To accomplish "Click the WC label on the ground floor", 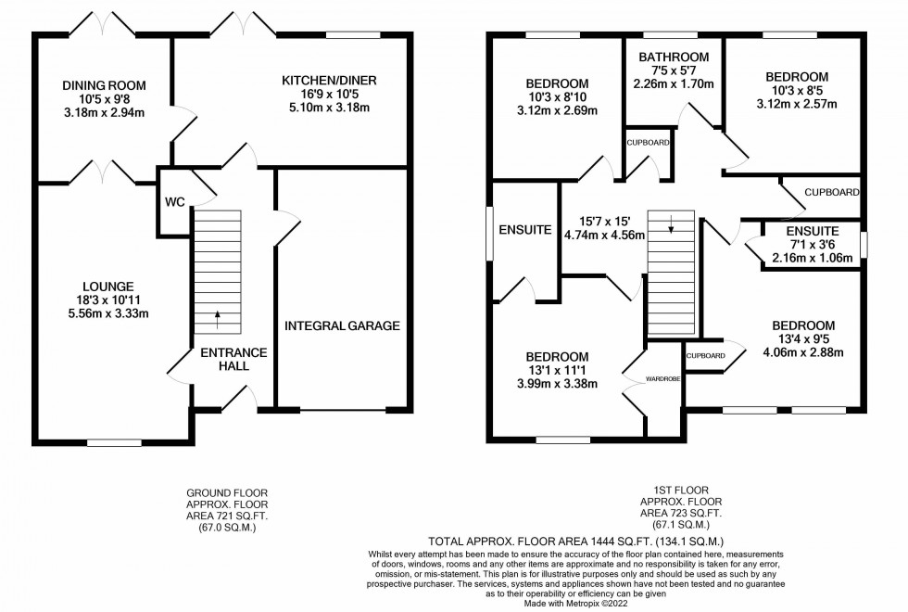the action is pyautogui.click(x=175, y=202).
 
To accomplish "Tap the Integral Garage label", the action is pyautogui.click(x=342, y=325).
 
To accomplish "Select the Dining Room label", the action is pyautogui.click(x=104, y=85).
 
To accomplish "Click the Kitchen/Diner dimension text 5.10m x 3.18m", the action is pyautogui.click(x=329, y=108).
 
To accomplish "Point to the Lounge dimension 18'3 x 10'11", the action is pyautogui.click(x=107, y=300).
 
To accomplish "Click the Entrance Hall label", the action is pyautogui.click(x=233, y=360).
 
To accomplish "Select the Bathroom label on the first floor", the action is pyautogui.click(x=674, y=57).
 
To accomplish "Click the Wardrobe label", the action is pyautogui.click(x=663, y=379).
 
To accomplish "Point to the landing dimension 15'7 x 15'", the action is pyautogui.click(x=604, y=221).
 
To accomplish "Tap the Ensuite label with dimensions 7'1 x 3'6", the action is pyautogui.click(x=813, y=231).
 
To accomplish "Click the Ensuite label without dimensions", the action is pyautogui.click(x=524, y=230).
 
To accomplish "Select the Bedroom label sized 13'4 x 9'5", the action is pyautogui.click(x=803, y=325).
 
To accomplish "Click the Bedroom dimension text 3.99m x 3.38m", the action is pyautogui.click(x=557, y=384).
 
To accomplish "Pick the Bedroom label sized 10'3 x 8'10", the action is pyautogui.click(x=557, y=83).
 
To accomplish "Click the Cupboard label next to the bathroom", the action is pyautogui.click(x=648, y=143).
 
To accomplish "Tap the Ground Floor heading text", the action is pyautogui.click(x=227, y=493).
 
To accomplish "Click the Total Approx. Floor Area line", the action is pyautogui.click(x=575, y=542).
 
